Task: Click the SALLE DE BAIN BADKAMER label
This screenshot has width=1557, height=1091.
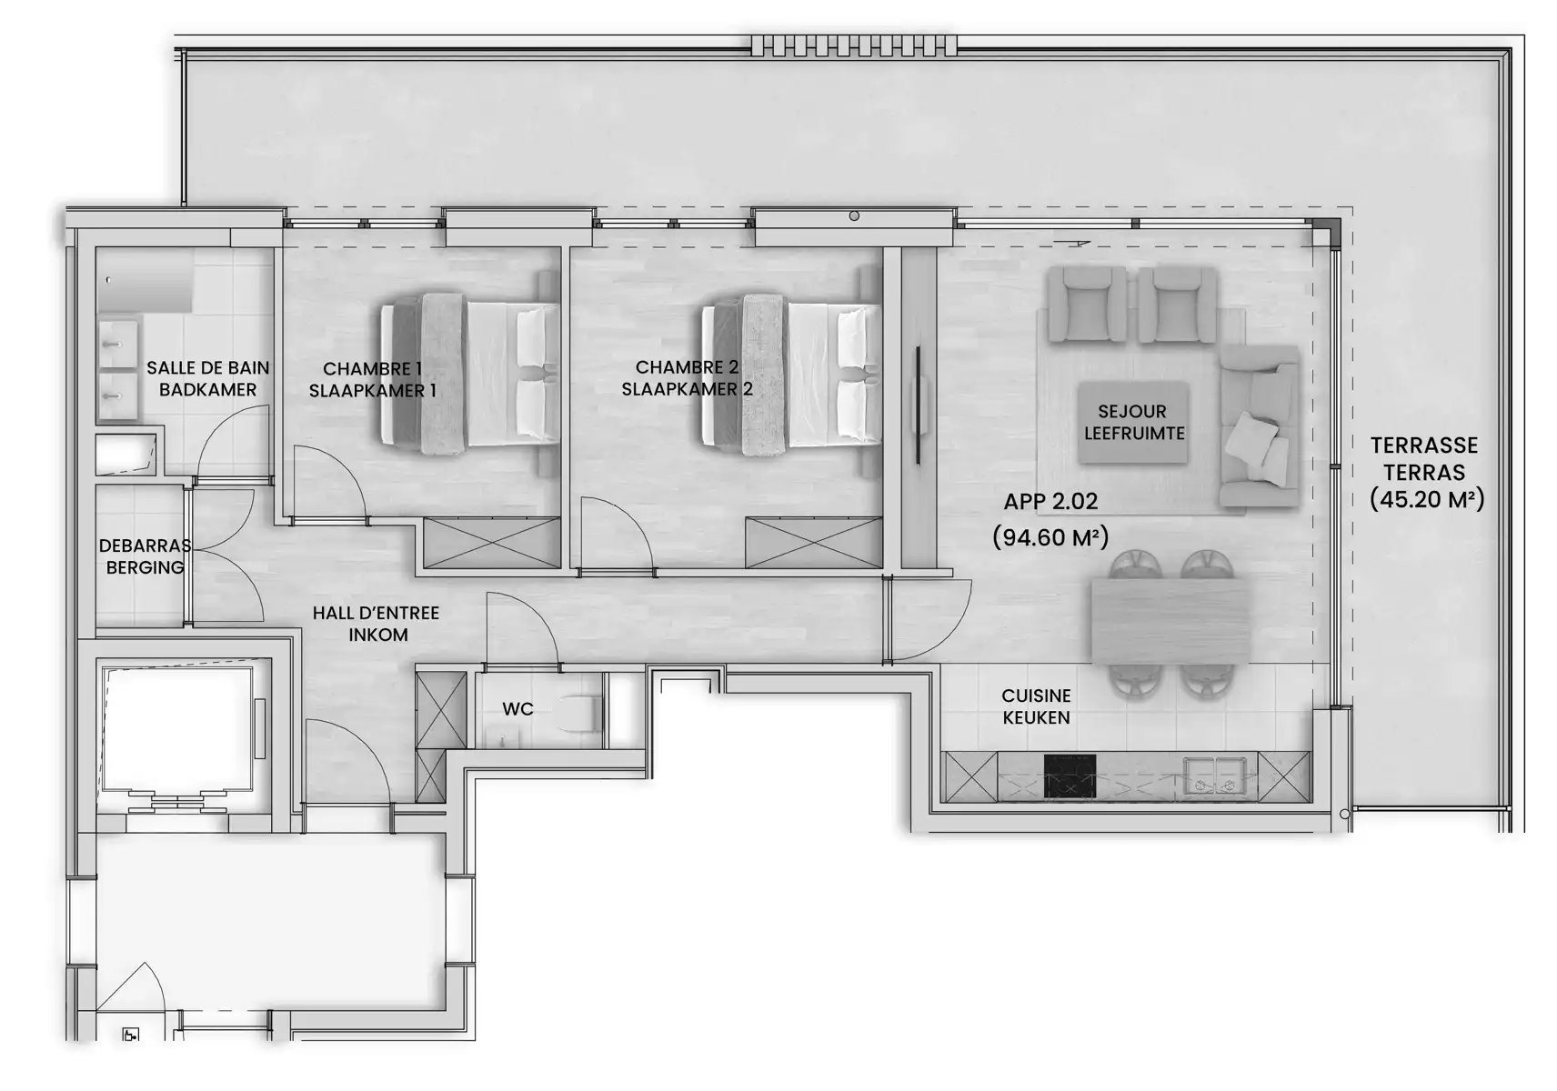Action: pos(208,378)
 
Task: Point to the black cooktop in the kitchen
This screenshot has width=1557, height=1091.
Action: pos(1070,776)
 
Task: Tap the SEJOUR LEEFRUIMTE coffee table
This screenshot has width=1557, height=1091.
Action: pos(1132,423)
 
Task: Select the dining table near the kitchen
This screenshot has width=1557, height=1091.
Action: pos(1170,620)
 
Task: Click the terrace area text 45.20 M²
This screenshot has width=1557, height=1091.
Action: pos(1426,499)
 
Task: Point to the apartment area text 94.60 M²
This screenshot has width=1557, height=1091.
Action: pos(1050,537)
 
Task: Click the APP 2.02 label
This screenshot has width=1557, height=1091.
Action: pos(1050,501)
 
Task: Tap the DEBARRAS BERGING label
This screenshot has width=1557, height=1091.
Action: pos(145,556)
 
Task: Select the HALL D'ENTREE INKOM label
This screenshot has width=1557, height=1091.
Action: pos(376,624)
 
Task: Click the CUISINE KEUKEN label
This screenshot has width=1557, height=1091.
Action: pos(1036,706)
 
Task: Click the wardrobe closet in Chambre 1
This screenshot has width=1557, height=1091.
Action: pos(492,543)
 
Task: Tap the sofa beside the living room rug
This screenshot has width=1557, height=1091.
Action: pos(1260,425)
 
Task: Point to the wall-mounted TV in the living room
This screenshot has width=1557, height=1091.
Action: pos(919,403)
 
